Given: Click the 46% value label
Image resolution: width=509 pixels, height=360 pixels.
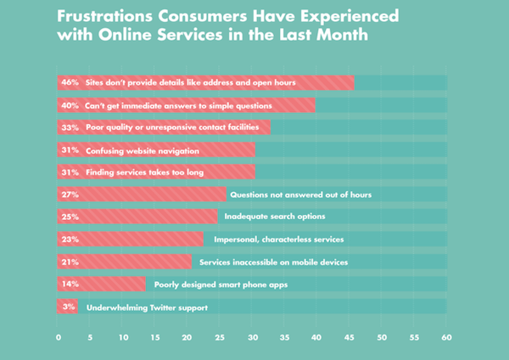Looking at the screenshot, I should [x=69, y=82].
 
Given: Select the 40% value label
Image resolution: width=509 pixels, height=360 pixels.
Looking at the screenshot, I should [x=69, y=105].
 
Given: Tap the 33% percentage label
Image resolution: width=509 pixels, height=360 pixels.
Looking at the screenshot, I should [x=69, y=127].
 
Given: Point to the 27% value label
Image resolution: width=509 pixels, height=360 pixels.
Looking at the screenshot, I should [x=69, y=194].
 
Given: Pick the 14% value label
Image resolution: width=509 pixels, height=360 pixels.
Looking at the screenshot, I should [x=69, y=284].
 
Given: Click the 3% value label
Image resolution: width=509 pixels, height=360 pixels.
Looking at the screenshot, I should [x=68, y=307].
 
